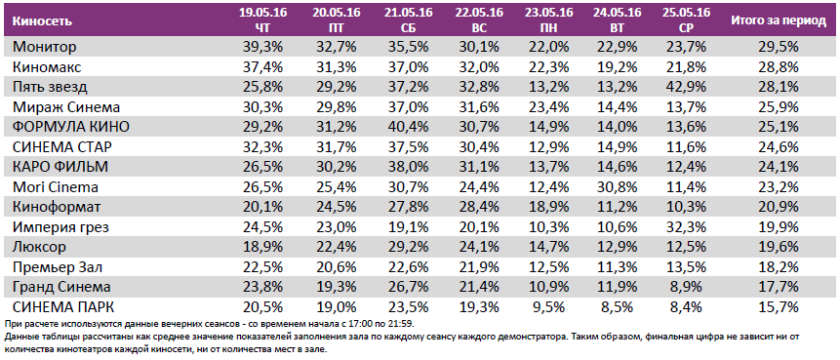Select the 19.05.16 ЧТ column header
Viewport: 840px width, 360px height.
click(x=257, y=20)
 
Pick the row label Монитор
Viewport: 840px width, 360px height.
click(x=45, y=46)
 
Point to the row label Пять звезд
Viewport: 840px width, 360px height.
click(x=51, y=86)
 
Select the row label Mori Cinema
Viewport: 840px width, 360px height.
click(x=54, y=186)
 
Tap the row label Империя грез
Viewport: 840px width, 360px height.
click(x=60, y=226)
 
